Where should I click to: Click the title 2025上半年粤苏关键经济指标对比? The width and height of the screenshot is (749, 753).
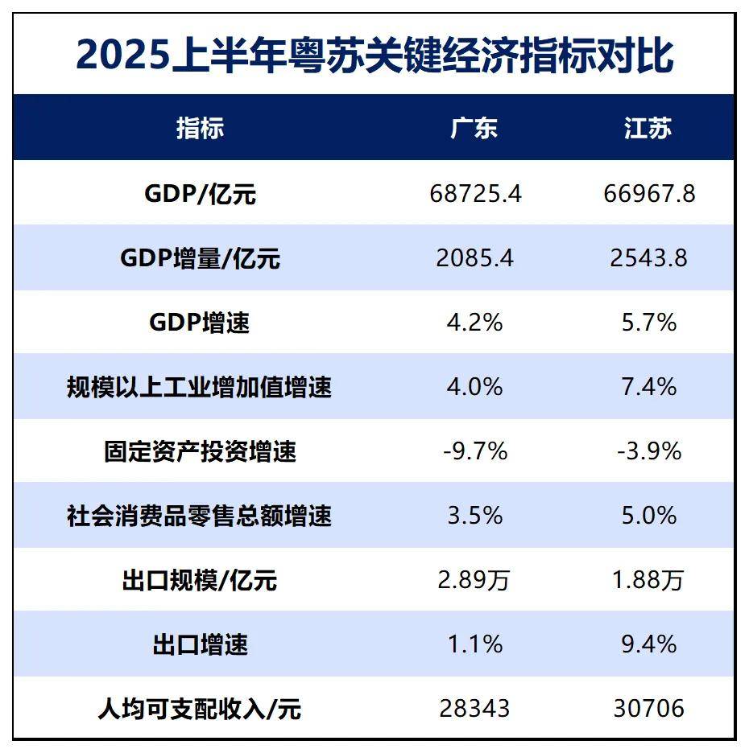[374, 55]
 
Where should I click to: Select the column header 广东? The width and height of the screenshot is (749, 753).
[474, 128]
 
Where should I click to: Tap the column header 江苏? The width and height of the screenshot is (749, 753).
[648, 128]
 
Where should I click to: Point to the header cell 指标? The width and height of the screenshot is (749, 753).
[200, 128]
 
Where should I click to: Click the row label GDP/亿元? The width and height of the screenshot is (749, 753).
[200, 194]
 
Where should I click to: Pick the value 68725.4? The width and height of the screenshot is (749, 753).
[474, 194]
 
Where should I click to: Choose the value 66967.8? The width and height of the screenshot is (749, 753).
[648, 194]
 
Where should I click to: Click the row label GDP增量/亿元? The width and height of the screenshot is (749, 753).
[200, 258]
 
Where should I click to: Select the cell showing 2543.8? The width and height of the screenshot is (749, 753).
[648, 258]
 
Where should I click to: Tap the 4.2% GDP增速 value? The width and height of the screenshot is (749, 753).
[474, 323]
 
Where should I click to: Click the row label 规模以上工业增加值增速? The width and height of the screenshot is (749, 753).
[200, 387]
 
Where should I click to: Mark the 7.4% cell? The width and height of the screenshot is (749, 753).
[648, 387]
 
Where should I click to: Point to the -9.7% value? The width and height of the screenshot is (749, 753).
[474, 451]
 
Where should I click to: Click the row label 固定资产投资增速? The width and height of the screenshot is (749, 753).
[200, 451]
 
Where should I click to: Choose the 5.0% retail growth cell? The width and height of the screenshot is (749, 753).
[648, 516]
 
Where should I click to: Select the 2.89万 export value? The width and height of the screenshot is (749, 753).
[474, 580]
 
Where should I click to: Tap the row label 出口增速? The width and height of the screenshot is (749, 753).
[200, 644]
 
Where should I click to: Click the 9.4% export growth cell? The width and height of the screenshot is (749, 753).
[648, 644]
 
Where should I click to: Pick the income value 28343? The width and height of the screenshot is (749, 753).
[474, 708]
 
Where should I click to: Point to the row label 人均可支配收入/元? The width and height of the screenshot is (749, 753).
[200, 709]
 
